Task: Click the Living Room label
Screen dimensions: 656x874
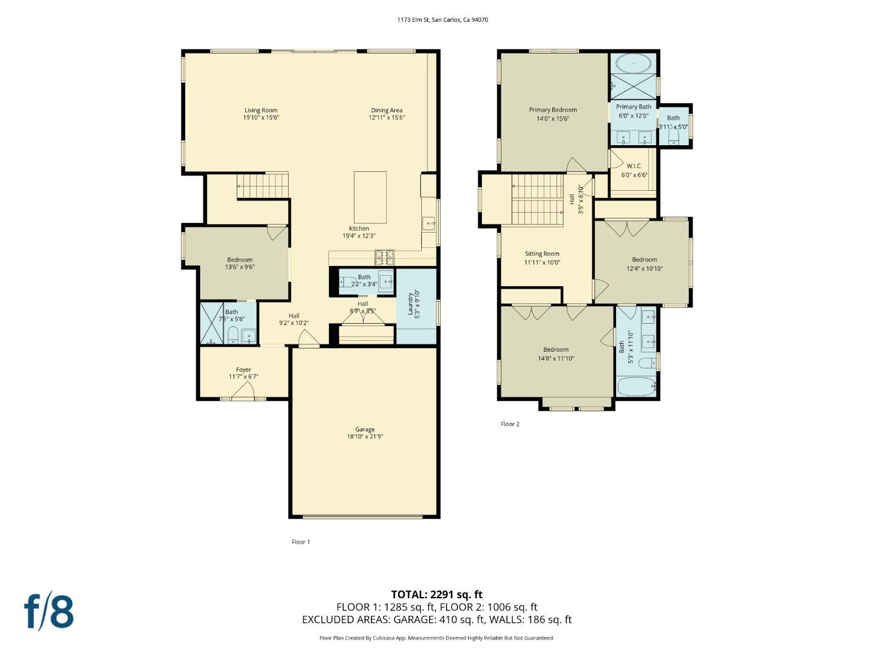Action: (x=261, y=111)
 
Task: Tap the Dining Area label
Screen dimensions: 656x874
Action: (x=387, y=111)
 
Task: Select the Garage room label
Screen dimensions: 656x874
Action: (x=365, y=429)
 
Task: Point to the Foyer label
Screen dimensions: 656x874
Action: (x=243, y=370)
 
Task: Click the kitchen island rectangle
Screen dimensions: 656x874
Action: (x=370, y=197)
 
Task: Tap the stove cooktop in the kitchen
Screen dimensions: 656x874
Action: (x=384, y=258)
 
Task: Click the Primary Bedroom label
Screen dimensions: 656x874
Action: (x=553, y=110)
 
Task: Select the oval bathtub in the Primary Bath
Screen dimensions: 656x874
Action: (x=633, y=63)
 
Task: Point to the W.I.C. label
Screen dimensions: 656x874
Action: (x=634, y=166)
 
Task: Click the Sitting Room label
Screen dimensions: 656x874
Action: (x=542, y=254)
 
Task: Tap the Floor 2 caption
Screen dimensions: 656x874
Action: (x=510, y=424)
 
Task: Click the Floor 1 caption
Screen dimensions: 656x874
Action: (x=300, y=542)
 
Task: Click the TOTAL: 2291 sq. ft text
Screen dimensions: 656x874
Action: (x=436, y=595)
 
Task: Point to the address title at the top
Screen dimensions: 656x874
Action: (x=442, y=19)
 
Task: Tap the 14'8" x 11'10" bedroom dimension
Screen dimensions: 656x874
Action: (x=556, y=358)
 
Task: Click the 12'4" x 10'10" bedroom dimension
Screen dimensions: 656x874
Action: (x=645, y=268)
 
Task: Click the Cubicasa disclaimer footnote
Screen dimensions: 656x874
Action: (x=436, y=638)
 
